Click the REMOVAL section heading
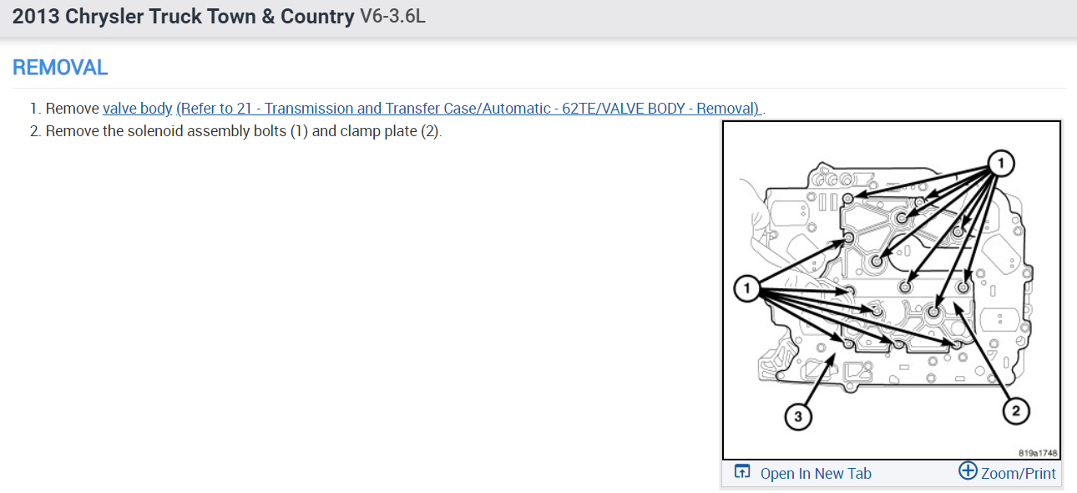(x=60, y=68)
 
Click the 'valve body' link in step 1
(x=137, y=109)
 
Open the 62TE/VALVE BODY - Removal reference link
(x=468, y=109)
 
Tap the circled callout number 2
(x=1015, y=410)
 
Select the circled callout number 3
(x=798, y=417)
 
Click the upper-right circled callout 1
(x=1002, y=164)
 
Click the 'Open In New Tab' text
(x=816, y=474)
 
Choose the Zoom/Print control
(x=1018, y=474)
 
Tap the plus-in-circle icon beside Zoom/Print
(x=968, y=471)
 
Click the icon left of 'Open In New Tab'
(x=742, y=472)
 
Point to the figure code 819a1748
(x=1038, y=452)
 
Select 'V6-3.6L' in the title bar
(x=392, y=17)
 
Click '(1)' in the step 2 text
(x=300, y=131)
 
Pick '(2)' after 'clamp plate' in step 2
(x=429, y=131)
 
